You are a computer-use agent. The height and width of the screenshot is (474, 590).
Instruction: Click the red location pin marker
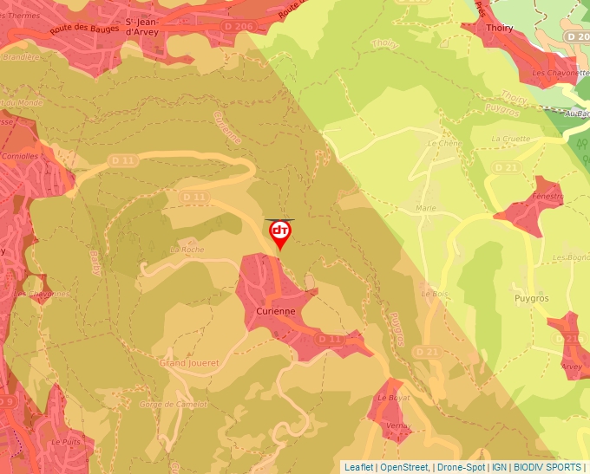point(280,233)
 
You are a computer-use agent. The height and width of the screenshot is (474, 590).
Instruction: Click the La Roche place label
point(186,250)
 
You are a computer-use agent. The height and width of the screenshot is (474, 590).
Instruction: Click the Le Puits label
point(65,441)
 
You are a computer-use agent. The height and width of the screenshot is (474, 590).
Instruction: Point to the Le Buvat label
point(393,397)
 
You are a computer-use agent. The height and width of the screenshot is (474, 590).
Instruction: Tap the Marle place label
point(425,209)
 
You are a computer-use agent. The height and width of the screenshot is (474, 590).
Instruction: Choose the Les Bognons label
point(571,257)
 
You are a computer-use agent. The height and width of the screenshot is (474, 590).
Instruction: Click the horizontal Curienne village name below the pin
point(276,311)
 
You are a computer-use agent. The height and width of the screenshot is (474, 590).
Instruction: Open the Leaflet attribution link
point(358,467)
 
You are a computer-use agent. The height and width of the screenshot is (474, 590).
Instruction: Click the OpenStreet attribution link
point(404,467)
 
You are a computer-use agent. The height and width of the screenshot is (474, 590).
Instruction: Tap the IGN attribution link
point(500,467)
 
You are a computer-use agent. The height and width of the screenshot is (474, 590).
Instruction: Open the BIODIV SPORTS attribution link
point(547,467)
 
